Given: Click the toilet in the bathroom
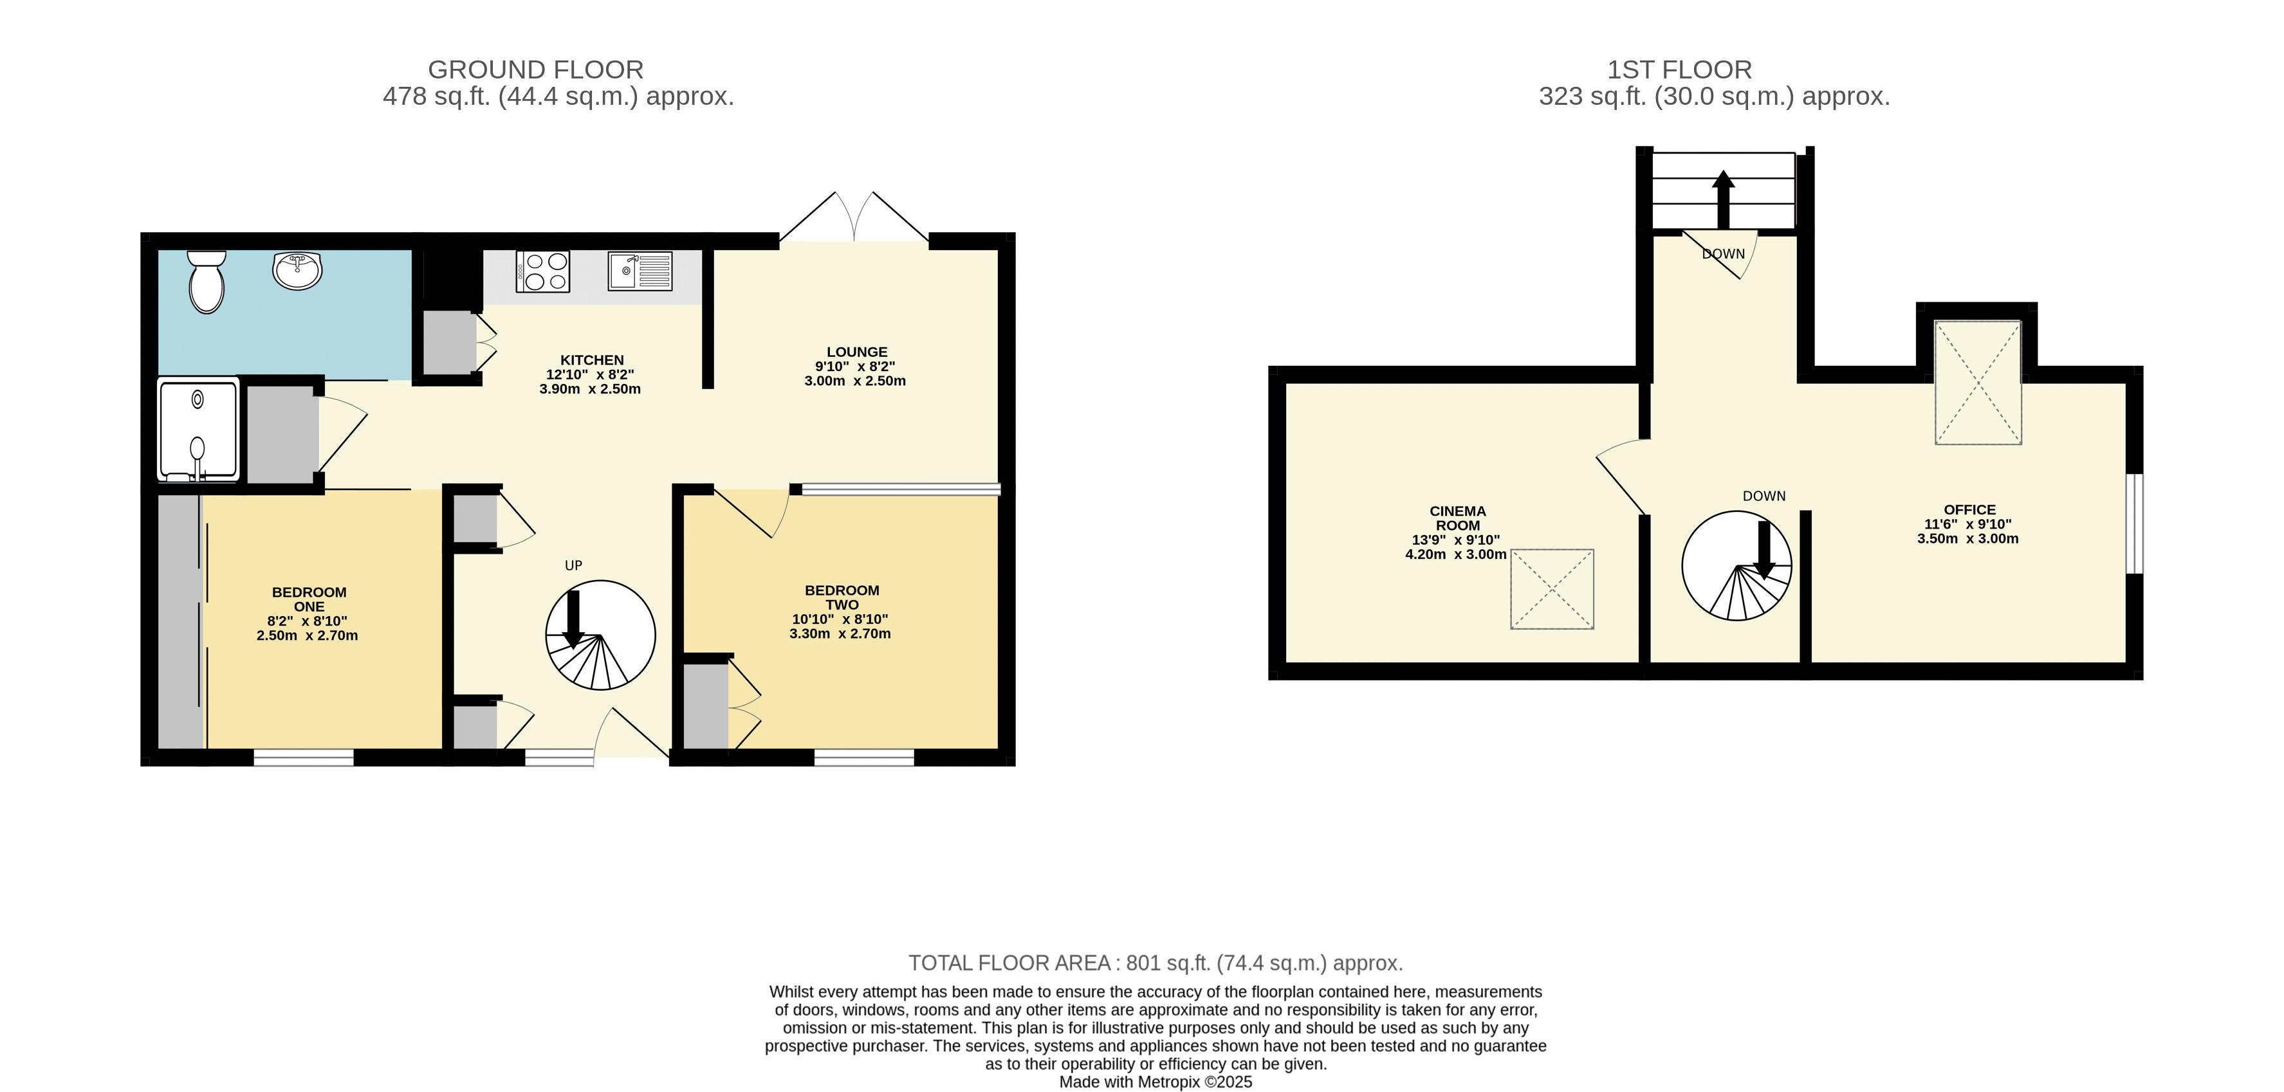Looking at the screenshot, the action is click(x=207, y=282).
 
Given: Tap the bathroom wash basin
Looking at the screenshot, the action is click(x=297, y=270).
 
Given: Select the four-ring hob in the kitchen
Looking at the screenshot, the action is click(x=542, y=272).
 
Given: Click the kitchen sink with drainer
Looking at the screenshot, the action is click(x=640, y=272).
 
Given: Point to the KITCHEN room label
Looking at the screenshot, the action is click(x=591, y=360).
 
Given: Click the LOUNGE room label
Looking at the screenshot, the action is click(x=856, y=352).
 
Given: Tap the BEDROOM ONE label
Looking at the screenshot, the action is click(x=309, y=599).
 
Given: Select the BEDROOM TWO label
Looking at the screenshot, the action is click(x=842, y=597).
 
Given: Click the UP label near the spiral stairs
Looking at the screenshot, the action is click(x=574, y=565).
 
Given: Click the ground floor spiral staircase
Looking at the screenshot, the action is click(x=600, y=635).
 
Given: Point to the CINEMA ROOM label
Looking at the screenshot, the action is click(x=1458, y=518).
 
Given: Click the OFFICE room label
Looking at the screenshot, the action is click(x=1969, y=509).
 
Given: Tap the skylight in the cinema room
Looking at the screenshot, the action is click(x=1552, y=590).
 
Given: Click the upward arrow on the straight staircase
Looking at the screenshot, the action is click(x=1723, y=199).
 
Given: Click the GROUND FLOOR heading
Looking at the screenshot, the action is click(x=535, y=69).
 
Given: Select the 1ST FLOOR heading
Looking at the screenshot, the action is click(x=1679, y=69).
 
